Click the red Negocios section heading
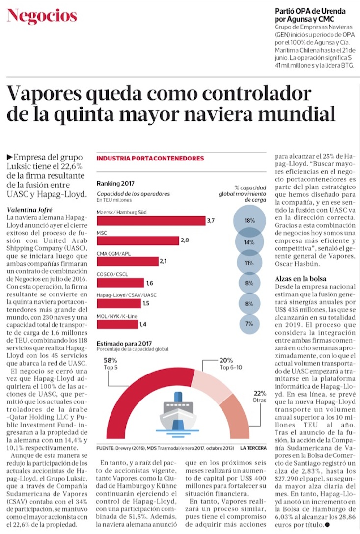point(42,16)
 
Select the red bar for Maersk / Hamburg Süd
point(151,220)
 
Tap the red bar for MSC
point(138,240)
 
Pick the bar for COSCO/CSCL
point(120,282)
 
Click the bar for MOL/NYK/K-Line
point(117,324)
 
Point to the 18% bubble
point(249,221)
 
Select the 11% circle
point(249,263)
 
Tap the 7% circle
point(249,324)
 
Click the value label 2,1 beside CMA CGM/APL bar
point(164,261)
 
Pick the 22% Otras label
point(260,397)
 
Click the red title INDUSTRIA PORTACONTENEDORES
point(150,159)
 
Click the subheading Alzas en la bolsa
point(301,279)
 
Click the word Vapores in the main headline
point(55,93)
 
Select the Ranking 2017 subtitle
point(115,183)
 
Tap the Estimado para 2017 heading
point(124,344)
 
